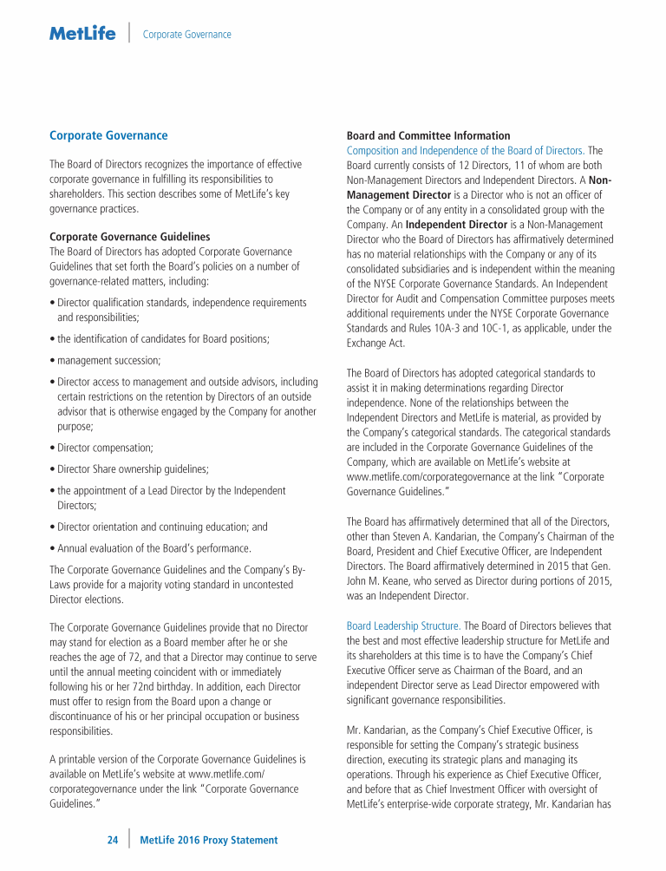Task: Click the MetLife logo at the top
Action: pyautogui.click(x=82, y=34)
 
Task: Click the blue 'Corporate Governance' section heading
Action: pyautogui.click(x=108, y=136)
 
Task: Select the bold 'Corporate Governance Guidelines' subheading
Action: pyautogui.click(x=129, y=237)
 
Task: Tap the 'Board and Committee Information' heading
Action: pyautogui.click(x=428, y=136)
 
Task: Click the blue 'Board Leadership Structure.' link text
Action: pyautogui.click(x=404, y=625)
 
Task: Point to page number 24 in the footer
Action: pyautogui.click(x=113, y=840)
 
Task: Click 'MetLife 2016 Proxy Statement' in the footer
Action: pyautogui.click(x=208, y=840)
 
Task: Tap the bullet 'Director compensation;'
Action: pyautogui.click(x=105, y=448)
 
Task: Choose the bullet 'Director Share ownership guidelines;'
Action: pyautogui.click(x=133, y=469)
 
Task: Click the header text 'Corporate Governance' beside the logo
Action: pyautogui.click(x=187, y=35)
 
